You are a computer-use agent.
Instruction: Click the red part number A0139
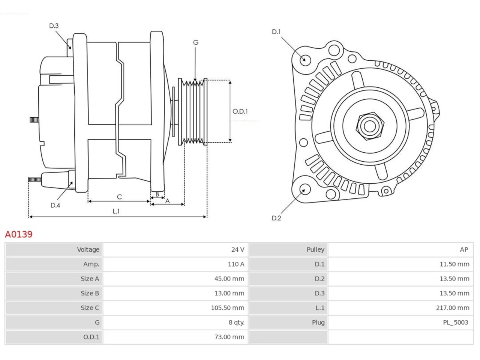(19, 234)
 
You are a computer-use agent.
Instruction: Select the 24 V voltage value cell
(175, 249)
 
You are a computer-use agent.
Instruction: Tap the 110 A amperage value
(236, 264)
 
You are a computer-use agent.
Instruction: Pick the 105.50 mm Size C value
(227, 308)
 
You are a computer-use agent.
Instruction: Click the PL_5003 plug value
(455, 322)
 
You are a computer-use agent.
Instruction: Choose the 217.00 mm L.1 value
(453, 308)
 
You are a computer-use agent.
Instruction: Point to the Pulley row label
(315, 249)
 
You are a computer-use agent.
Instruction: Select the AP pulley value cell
(400, 249)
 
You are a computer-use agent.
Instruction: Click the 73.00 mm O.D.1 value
(229, 337)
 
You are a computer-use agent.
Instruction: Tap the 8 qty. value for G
(236, 322)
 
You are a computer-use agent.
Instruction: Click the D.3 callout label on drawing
(54, 26)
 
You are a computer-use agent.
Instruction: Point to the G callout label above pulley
(196, 42)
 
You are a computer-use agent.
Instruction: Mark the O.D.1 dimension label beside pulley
(240, 111)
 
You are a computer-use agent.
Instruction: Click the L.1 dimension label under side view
(116, 211)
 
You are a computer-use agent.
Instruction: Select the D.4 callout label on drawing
(55, 205)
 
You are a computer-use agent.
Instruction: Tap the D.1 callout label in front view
(276, 32)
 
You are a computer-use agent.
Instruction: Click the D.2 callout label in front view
(276, 218)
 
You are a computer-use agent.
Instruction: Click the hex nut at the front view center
(370, 126)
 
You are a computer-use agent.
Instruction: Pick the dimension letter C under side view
(119, 197)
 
